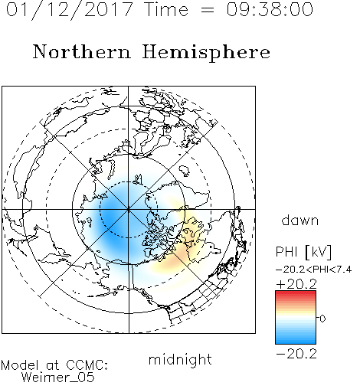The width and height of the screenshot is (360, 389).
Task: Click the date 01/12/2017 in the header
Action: point(69,10)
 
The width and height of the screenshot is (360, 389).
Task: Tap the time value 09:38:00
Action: point(270,10)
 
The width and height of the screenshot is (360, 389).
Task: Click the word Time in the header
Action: point(166,10)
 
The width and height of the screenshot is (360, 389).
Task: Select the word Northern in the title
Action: point(82,51)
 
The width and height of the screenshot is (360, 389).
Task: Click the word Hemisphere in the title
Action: point(206,53)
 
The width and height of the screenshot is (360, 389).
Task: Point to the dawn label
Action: point(299,220)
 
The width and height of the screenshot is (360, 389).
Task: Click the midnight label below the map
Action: point(180,360)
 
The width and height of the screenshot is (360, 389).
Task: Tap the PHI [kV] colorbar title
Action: point(303,252)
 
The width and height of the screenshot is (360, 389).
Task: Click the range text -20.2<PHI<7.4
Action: point(314,270)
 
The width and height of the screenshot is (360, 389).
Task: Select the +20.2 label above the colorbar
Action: point(296,284)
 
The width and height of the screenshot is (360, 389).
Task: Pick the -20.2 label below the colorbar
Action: point(296,354)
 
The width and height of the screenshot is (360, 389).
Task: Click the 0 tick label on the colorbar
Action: point(322,319)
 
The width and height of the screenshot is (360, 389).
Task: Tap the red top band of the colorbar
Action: point(296,293)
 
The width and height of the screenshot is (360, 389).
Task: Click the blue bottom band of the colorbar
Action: point(296,341)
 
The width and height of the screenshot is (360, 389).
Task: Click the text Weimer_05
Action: point(58,378)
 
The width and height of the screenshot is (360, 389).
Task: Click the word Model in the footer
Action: point(20,365)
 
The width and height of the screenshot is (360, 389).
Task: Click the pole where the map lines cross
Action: point(129,210)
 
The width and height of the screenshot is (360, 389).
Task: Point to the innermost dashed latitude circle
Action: point(129,181)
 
